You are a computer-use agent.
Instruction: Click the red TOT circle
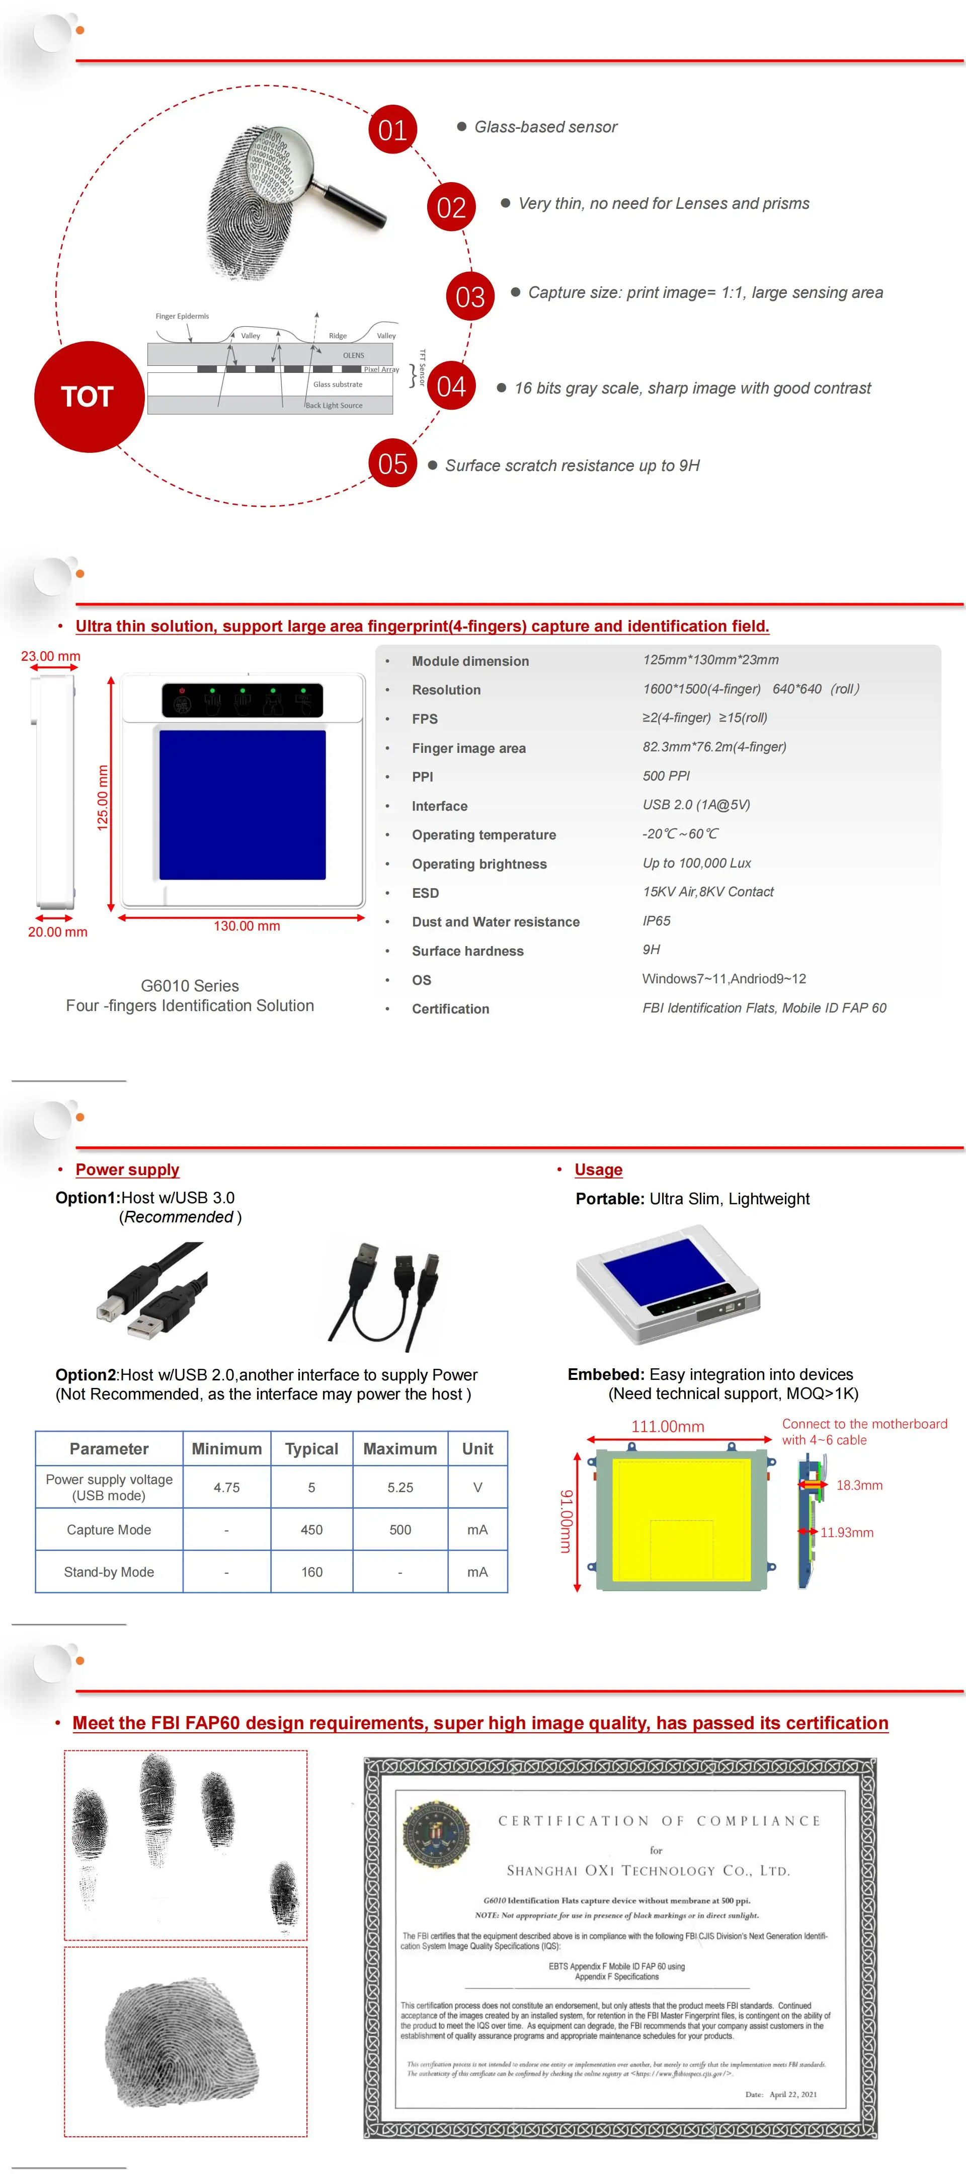click(88, 397)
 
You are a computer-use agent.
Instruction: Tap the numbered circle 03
click(470, 296)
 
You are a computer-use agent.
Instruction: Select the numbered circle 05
click(392, 463)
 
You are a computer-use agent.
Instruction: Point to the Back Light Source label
click(334, 405)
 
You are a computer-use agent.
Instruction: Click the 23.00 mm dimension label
click(51, 656)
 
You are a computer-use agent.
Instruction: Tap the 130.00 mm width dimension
click(247, 926)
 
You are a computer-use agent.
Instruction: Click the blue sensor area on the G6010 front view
click(242, 804)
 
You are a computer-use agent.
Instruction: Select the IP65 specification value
click(657, 921)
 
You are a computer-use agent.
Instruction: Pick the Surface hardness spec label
click(467, 951)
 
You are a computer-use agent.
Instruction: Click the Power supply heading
click(127, 1170)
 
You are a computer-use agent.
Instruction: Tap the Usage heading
click(598, 1170)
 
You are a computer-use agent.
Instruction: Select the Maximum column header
click(400, 1449)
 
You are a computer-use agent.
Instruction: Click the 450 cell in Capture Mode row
click(311, 1529)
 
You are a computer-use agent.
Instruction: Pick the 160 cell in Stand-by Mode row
click(311, 1572)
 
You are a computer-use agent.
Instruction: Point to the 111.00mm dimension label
click(667, 1426)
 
